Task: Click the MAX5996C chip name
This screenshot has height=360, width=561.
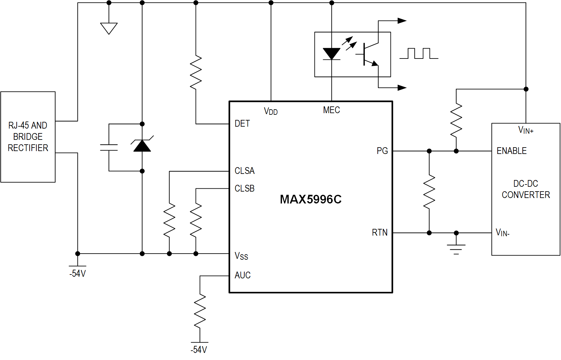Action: [x=311, y=199]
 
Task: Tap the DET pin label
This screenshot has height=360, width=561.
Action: [x=242, y=124]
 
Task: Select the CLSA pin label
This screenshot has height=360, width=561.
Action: [x=244, y=171]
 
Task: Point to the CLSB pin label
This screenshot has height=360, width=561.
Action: [x=244, y=188]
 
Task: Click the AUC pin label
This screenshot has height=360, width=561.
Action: [x=242, y=275]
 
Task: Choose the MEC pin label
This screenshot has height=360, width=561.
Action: [x=331, y=110]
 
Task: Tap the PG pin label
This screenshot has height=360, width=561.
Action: [x=382, y=151]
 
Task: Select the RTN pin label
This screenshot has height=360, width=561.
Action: [x=380, y=232]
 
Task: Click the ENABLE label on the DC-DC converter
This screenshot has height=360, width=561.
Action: [x=511, y=151]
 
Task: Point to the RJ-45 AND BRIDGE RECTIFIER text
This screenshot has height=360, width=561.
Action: [x=28, y=137]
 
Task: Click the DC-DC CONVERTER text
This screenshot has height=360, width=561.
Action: [x=526, y=189]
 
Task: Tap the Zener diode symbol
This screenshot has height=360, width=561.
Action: [x=142, y=145]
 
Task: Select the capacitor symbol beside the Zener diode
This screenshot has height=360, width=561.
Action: [x=109, y=148]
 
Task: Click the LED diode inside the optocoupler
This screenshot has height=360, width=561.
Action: [x=331, y=54]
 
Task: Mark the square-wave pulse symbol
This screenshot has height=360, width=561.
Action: [x=419, y=54]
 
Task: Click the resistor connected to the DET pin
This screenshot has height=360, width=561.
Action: [x=196, y=72]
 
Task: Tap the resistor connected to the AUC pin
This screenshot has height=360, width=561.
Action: [x=200, y=311]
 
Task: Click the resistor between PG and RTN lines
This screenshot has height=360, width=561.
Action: [x=429, y=192]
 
